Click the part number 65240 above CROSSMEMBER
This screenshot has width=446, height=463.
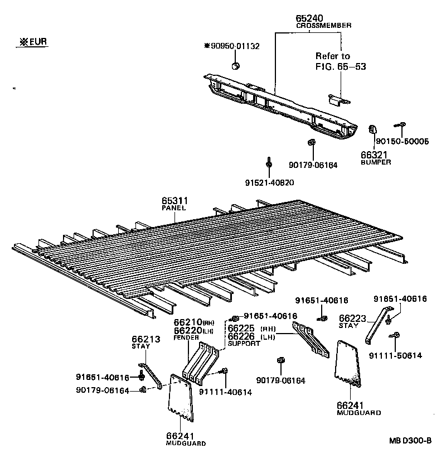(x=311, y=19)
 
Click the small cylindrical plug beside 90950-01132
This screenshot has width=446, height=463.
(x=236, y=67)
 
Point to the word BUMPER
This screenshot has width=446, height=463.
(x=376, y=162)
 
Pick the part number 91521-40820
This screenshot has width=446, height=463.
(x=269, y=182)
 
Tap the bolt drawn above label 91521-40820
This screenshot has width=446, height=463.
(x=269, y=162)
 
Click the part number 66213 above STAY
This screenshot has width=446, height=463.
(x=146, y=339)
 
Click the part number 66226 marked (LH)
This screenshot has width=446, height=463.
(x=241, y=336)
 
